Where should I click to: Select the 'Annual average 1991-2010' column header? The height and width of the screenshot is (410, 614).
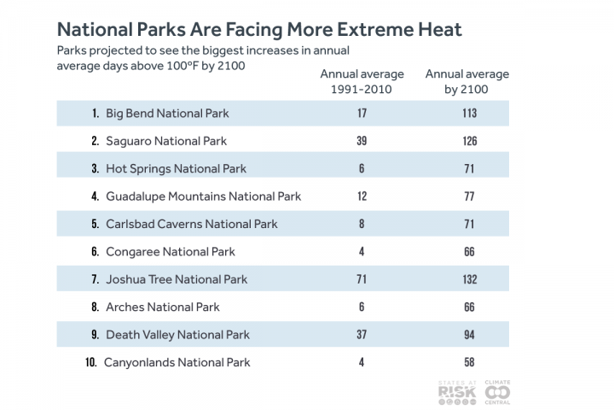362,81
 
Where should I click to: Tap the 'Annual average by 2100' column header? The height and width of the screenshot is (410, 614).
466,81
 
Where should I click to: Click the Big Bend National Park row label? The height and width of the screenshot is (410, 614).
167,114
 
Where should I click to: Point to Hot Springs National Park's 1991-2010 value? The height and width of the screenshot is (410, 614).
362,169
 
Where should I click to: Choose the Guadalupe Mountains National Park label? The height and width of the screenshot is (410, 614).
203,196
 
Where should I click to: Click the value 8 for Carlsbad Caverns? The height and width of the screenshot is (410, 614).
362,225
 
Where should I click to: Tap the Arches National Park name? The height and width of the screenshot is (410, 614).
162,307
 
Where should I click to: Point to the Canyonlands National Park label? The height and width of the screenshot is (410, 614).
177,362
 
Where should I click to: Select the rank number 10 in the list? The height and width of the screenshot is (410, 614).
91,362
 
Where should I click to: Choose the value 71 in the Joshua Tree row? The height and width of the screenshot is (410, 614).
362,279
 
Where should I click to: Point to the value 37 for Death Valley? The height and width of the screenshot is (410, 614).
362,335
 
